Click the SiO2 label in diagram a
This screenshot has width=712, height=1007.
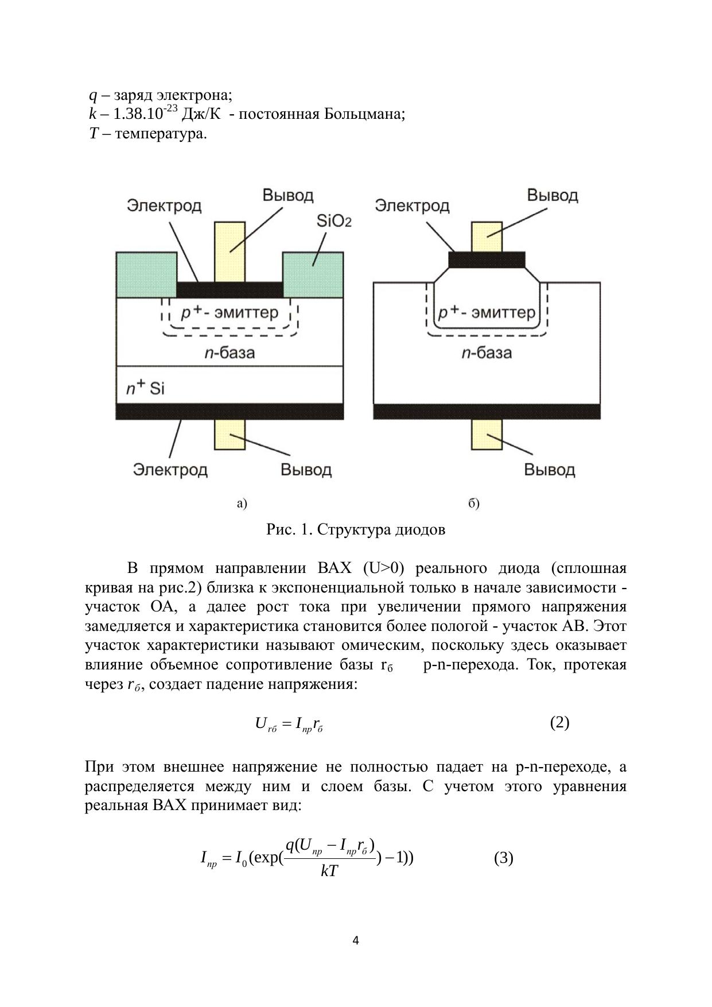click(333, 221)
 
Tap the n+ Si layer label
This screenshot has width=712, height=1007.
click(145, 389)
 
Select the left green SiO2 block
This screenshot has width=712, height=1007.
click(146, 274)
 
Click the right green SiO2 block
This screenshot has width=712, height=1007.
click(313, 274)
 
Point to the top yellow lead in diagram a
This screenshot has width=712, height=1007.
click(229, 251)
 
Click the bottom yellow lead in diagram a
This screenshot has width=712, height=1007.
click(229, 435)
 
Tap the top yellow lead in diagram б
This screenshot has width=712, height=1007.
click(487, 237)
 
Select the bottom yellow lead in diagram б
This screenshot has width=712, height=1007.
click(487, 435)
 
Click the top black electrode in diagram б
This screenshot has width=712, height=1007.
click(487, 260)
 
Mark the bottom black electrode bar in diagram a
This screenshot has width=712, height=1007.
click(229, 411)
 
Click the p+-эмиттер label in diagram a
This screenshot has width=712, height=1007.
click(229, 313)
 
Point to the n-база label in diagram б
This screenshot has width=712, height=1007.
click(487, 353)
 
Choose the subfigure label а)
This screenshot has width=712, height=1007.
click(242, 503)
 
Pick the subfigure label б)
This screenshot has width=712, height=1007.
click(474, 503)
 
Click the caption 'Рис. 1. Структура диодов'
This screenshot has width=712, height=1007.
click(356, 529)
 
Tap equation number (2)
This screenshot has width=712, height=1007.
click(559, 722)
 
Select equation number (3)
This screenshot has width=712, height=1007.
click(503, 858)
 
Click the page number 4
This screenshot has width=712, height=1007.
click(356, 940)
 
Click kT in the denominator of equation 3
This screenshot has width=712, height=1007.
click(329, 872)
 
